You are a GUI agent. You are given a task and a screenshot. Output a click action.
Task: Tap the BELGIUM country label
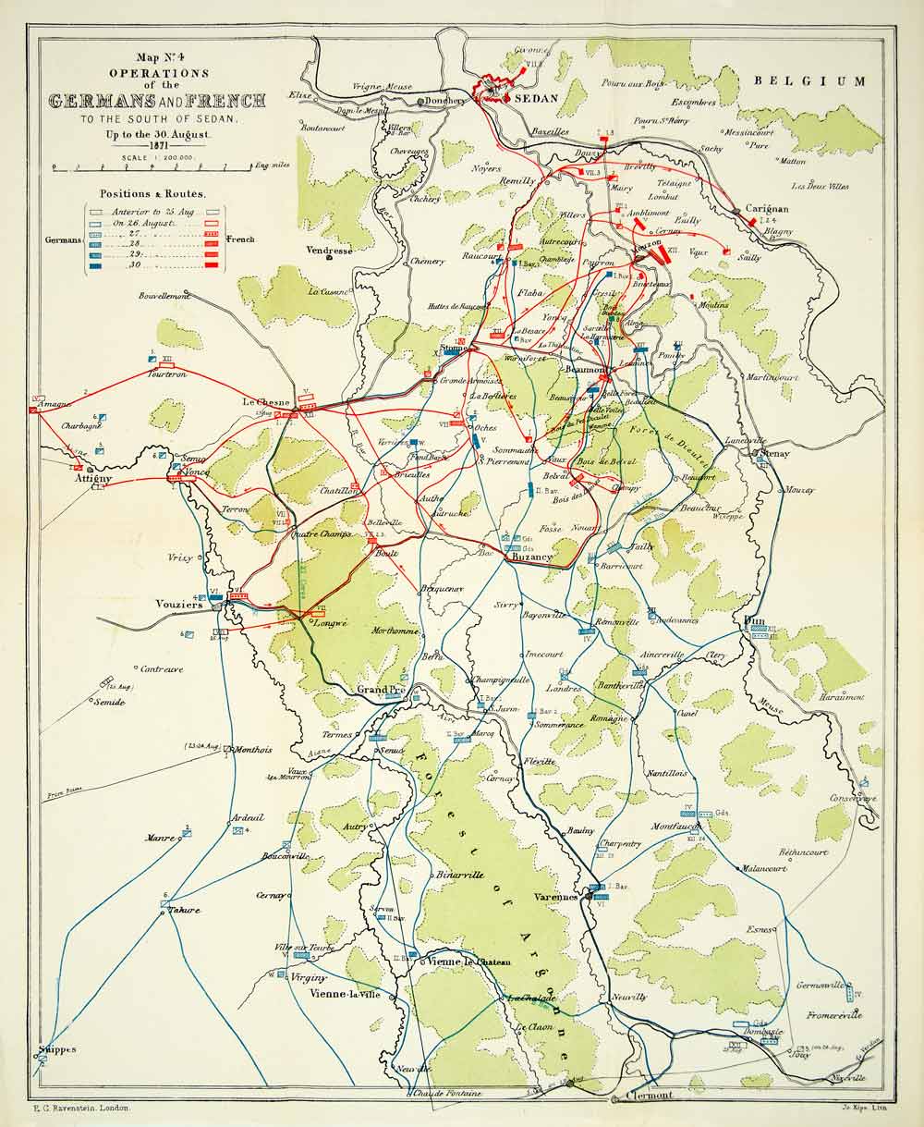tap(810, 81)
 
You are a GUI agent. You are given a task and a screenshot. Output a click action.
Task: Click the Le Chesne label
tap(266, 403)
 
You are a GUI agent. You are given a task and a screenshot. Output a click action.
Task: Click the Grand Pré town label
tap(383, 690)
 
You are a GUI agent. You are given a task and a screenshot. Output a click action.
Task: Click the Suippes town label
tap(57, 1050)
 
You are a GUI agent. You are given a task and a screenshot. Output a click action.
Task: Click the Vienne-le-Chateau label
tap(469, 962)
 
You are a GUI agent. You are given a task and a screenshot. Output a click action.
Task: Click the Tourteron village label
tap(168, 374)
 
